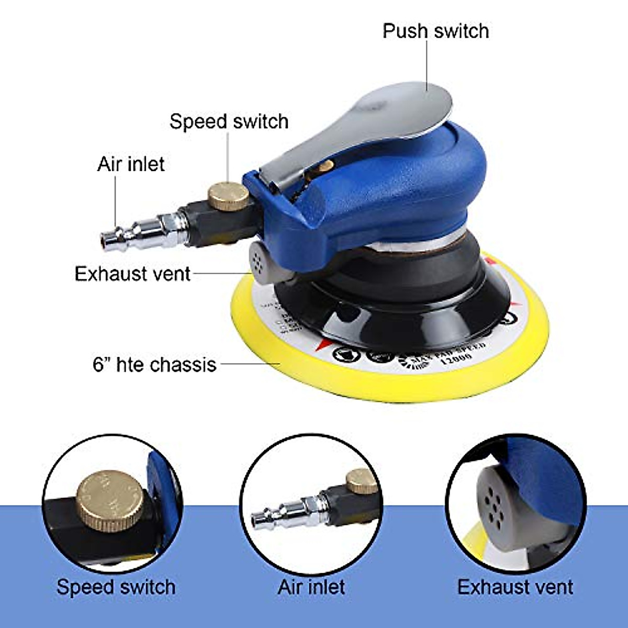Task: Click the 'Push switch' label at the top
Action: (x=435, y=31)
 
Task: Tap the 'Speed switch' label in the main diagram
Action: (x=229, y=121)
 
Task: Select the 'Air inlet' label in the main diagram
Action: (x=131, y=164)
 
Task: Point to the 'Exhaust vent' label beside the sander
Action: (x=132, y=274)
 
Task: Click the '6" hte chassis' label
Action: (x=154, y=364)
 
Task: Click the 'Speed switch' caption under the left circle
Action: (x=116, y=587)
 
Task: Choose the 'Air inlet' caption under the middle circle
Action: (x=311, y=587)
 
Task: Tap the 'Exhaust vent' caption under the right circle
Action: (x=515, y=587)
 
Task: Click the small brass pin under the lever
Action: (x=326, y=167)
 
